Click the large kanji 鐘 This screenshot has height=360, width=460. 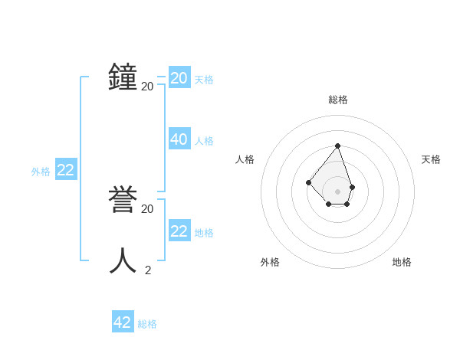click(x=123, y=77)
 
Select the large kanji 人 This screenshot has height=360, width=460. click(x=123, y=260)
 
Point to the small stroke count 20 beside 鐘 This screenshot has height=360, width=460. click(x=147, y=87)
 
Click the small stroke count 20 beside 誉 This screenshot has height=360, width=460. click(x=147, y=208)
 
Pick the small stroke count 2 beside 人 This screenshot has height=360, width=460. click(x=147, y=270)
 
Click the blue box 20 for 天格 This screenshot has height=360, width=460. click(x=179, y=77)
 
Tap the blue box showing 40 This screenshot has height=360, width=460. click(x=179, y=139)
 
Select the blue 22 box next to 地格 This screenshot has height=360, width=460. click(x=179, y=231)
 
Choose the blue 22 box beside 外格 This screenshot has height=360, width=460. click(x=65, y=170)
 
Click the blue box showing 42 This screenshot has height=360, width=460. click(x=123, y=322)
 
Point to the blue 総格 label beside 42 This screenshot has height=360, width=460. click(x=147, y=324)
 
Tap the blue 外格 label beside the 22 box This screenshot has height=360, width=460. click(x=41, y=172)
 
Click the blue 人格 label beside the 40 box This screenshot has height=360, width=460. click(x=204, y=141)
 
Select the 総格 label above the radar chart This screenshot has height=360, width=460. click(x=338, y=100)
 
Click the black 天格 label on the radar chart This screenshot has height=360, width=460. click(x=431, y=159)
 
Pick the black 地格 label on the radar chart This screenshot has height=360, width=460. click(x=402, y=262)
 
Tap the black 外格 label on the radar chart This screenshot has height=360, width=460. click(x=270, y=262)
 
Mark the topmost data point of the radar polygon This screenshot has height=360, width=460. click(x=337, y=145)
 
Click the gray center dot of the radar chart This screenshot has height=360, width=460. click(x=337, y=191)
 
